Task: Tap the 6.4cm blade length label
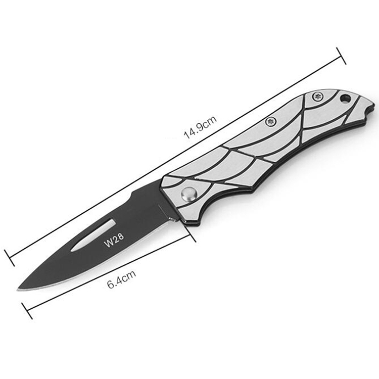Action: click(x=122, y=279)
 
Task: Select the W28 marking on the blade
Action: click(x=114, y=240)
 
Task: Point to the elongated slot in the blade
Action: click(x=93, y=235)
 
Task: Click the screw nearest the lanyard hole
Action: click(x=317, y=97)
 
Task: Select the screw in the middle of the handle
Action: click(x=271, y=121)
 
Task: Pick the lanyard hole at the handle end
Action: click(x=345, y=98)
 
